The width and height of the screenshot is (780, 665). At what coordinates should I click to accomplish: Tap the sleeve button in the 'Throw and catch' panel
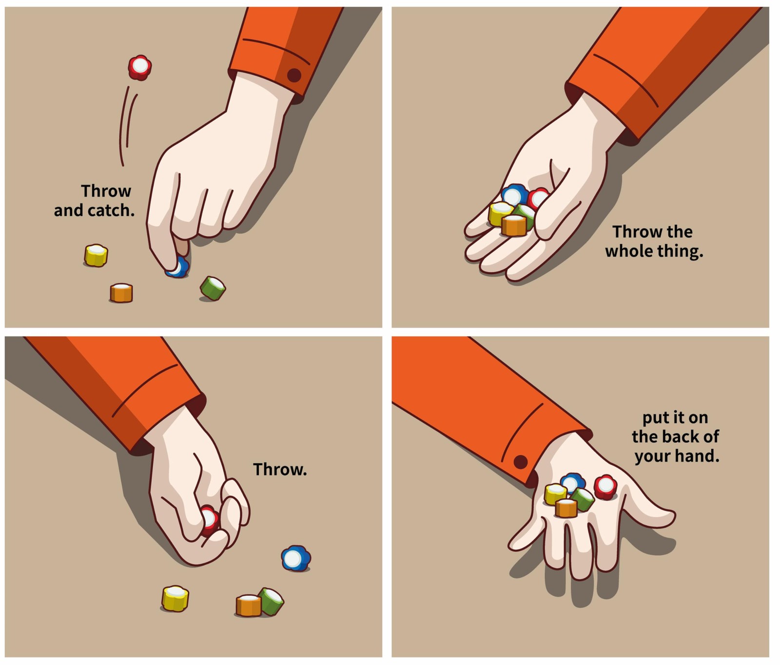(x=294, y=75)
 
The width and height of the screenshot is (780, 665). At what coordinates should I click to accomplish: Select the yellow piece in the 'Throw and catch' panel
(x=96, y=255)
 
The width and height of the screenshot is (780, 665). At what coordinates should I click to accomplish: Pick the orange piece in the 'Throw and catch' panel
(x=121, y=293)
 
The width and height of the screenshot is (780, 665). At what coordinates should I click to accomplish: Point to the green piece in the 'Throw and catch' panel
(x=213, y=288)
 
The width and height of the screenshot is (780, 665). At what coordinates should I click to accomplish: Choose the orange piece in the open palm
(x=514, y=225)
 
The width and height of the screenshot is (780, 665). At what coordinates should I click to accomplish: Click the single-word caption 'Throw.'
(x=280, y=469)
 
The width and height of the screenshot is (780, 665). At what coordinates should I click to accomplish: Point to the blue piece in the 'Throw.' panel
(x=296, y=558)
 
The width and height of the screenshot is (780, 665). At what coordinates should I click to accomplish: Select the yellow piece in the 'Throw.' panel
(x=175, y=598)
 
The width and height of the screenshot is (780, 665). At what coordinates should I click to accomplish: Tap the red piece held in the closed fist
(x=209, y=520)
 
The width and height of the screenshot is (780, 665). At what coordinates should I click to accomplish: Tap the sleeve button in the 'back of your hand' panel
(x=521, y=461)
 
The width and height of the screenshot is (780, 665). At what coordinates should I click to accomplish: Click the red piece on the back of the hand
(x=605, y=487)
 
